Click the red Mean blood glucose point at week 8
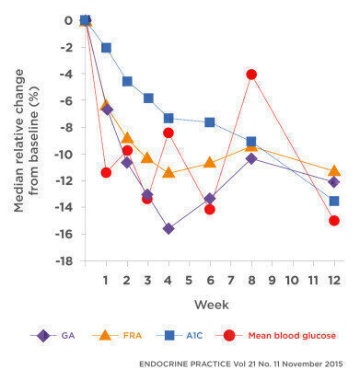251,74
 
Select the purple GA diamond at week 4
168,228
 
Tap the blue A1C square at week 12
333,201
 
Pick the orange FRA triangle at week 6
210,162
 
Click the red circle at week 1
106,172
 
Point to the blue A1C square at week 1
106,47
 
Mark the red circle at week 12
333,220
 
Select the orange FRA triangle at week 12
333,170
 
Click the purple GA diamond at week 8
251,158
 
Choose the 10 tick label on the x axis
292,279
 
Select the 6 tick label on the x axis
210,279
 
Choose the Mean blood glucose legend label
291,336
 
